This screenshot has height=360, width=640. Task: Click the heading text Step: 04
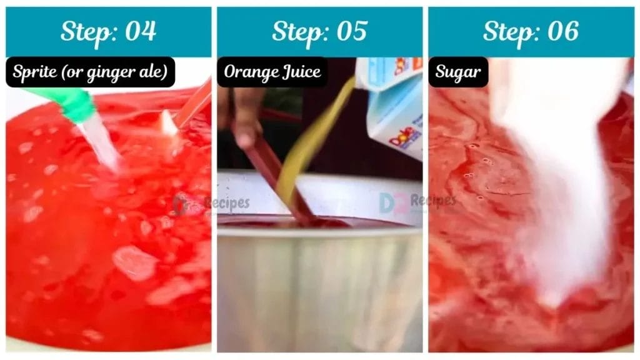click(x=108, y=31)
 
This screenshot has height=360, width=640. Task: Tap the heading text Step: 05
click(x=319, y=31)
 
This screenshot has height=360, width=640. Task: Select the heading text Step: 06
click(x=531, y=31)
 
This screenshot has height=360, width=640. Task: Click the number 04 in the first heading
click(x=140, y=31)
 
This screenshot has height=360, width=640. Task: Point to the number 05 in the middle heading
click(x=351, y=31)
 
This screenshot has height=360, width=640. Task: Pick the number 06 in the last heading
click(x=562, y=31)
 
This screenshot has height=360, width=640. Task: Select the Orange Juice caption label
click(x=272, y=72)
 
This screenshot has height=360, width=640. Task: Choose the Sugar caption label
click(x=458, y=72)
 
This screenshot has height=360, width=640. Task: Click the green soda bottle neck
click(x=69, y=102)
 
